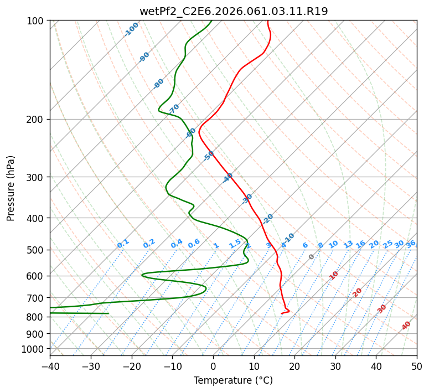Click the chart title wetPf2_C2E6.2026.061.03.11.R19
(x=234, y=11)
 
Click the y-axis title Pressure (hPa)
(x=11, y=188)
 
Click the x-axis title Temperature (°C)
(x=233, y=380)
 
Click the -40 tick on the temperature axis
(x=50, y=366)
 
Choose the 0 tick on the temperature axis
(x=213, y=366)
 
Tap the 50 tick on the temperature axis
(x=417, y=366)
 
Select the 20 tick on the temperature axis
(x=294, y=366)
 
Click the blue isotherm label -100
(x=132, y=29)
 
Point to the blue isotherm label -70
(x=174, y=109)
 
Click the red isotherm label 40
(x=406, y=326)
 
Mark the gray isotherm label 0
(x=312, y=257)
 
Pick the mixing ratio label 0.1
(x=123, y=244)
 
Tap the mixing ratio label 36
(x=411, y=244)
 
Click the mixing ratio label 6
(x=305, y=245)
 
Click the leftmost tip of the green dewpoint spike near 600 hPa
(x=142, y=275)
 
